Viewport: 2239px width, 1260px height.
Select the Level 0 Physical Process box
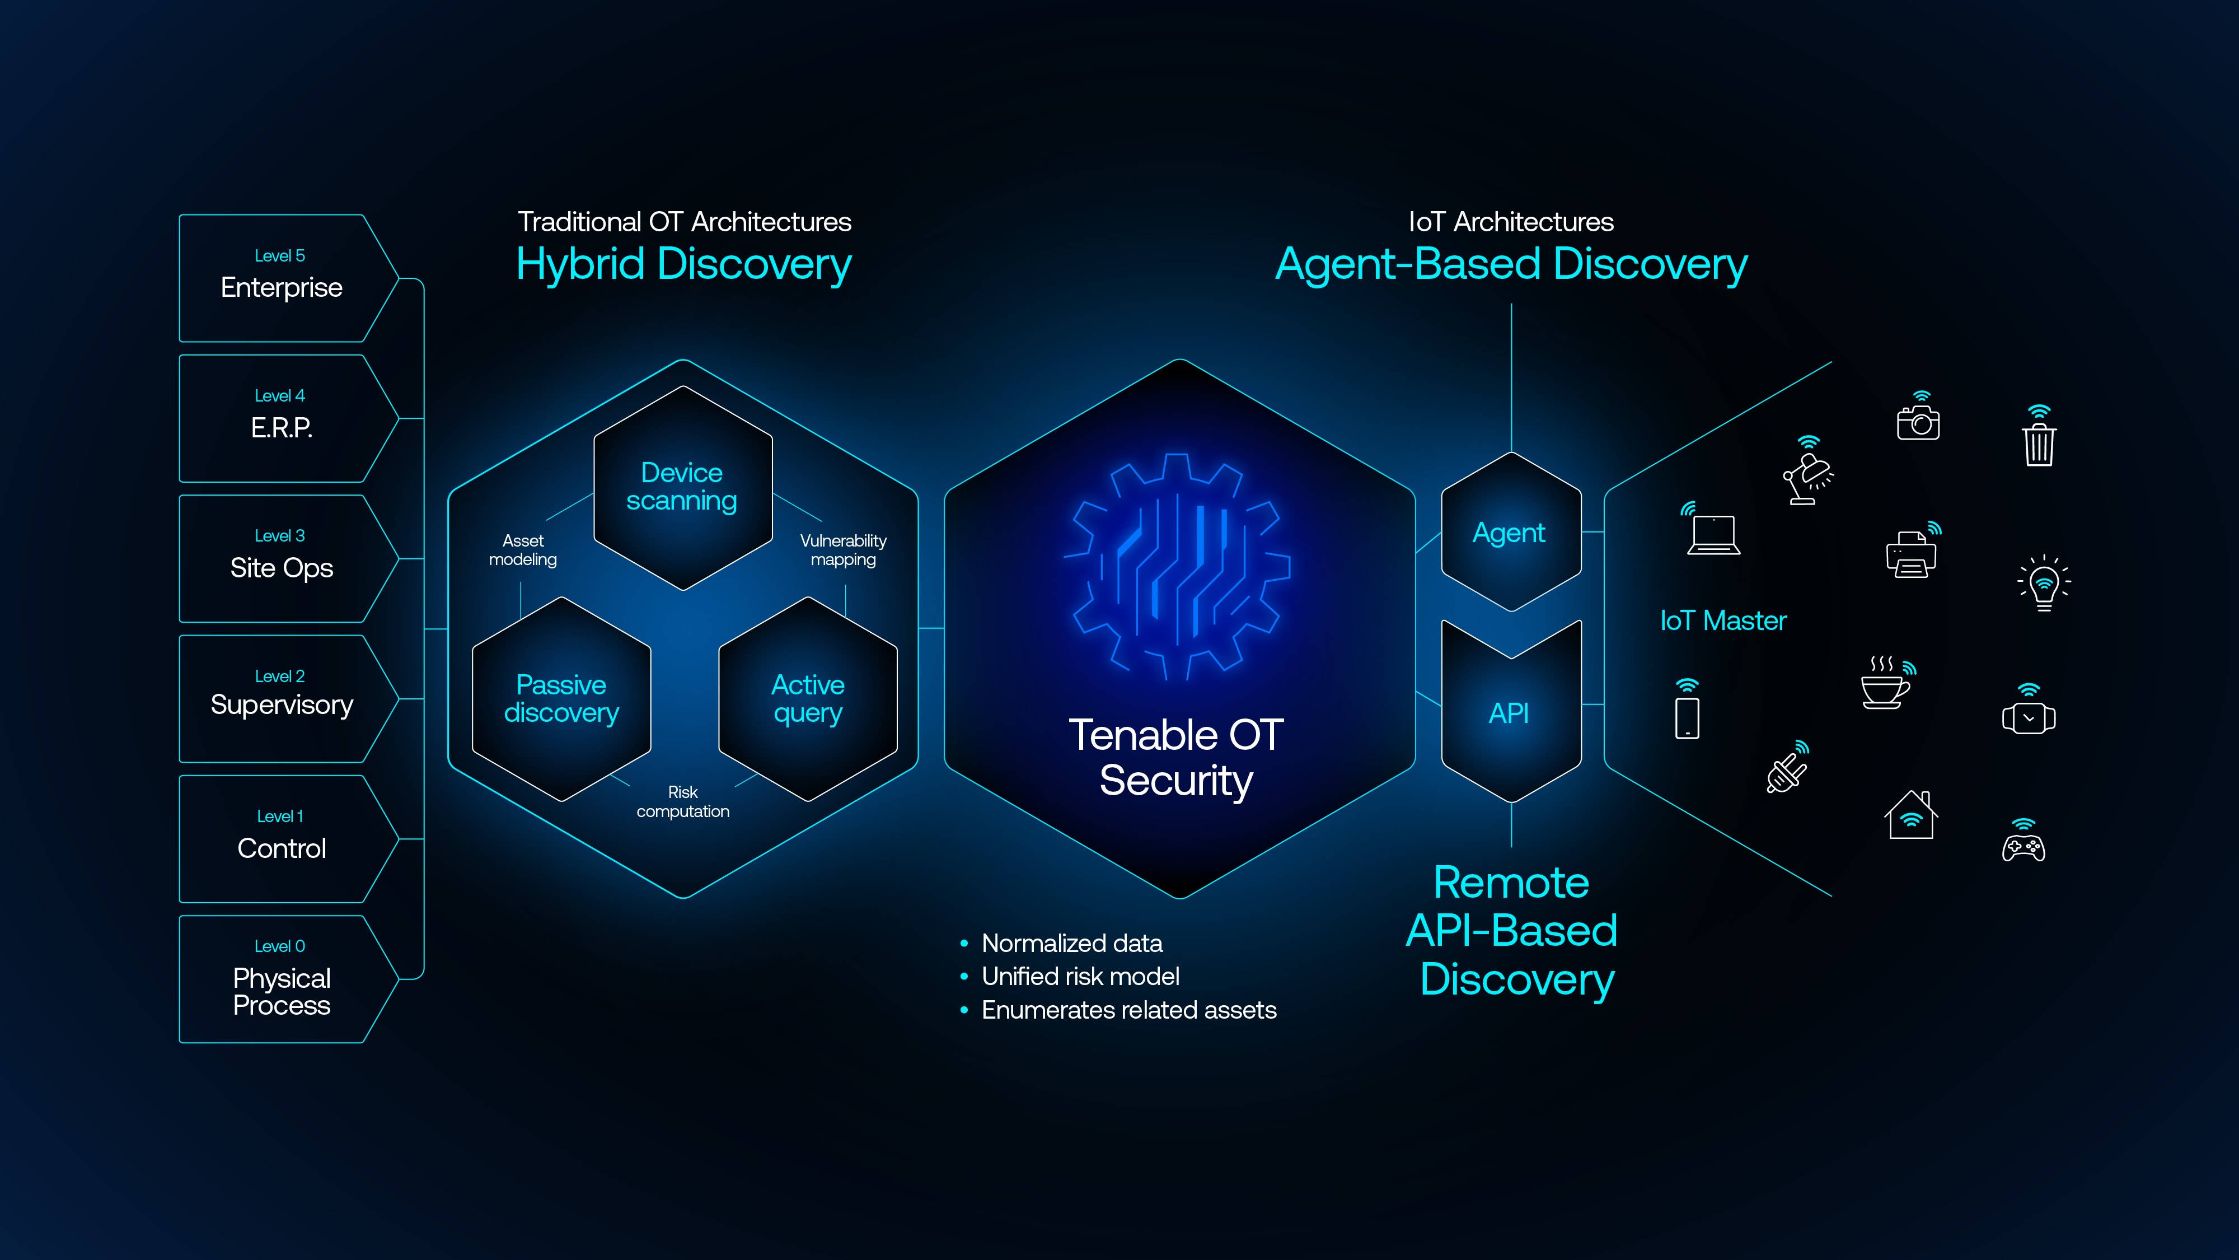click(x=281, y=979)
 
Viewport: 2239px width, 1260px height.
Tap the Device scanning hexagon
click(x=682, y=487)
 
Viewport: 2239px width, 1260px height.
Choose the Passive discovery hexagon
click(x=561, y=698)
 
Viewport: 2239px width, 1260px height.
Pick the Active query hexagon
click(x=808, y=698)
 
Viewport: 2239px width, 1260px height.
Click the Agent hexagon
click(x=1510, y=532)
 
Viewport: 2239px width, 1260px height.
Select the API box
click(x=1510, y=713)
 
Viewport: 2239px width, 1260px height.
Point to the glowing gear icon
click(x=1178, y=567)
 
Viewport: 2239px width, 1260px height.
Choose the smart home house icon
click(x=1910, y=816)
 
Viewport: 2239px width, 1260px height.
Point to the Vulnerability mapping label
click(x=843, y=549)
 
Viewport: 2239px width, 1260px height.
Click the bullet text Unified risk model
click(x=1080, y=977)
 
